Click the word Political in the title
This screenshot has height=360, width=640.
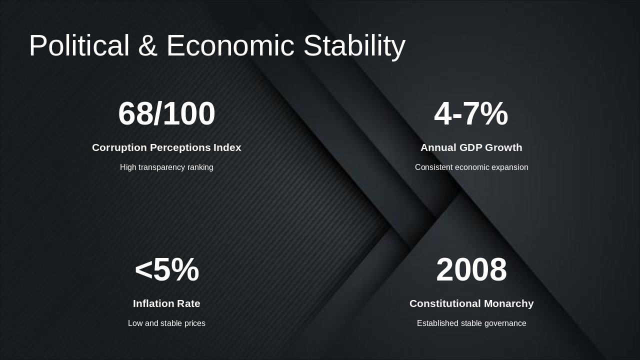pyautogui.click(x=79, y=45)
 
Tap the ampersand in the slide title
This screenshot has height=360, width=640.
pyautogui.click(x=147, y=45)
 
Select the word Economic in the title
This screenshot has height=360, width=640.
pyautogui.click(x=230, y=45)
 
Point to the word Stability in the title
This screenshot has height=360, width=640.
pyautogui.click(x=354, y=45)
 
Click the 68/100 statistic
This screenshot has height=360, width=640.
pyautogui.click(x=166, y=113)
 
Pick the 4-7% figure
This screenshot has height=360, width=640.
pyautogui.click(x=471, y=113)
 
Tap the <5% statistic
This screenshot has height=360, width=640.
pyautogui.click(x=166, y=269)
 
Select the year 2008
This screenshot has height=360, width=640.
pyautogui.click(x=471, y=269)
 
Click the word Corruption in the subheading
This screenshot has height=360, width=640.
pyautogui.click(x=119, y=147)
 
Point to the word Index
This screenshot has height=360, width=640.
pyautogui.click(x=227, y=147)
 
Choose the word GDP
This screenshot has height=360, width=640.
pyautogui.click(x=471, y=147)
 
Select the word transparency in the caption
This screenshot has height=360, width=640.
pyautogui.click(x=167, y=167)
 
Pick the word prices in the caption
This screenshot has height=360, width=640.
pyautogui.click(x=194, y=323)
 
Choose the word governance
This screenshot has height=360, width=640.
pyautogui.click(x=505, y=323)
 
